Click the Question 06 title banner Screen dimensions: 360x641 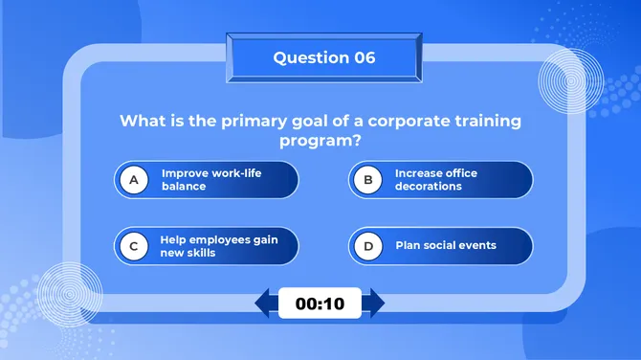[323, 58]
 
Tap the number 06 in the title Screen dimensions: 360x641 [365, 57]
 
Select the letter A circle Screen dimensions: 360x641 [135, 179]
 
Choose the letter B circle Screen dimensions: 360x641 [367, 179]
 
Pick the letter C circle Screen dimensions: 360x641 [135, 246]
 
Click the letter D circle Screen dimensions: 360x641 [367, 246]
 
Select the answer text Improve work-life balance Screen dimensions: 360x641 [211, 179]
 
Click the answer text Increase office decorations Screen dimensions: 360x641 [436, 179]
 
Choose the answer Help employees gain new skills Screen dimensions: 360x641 [219, 246]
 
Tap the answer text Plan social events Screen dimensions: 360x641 [446, 245]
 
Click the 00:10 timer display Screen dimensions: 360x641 [320, 304]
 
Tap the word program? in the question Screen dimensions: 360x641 [320, 141]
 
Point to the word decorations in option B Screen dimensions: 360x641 [429, 186]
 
